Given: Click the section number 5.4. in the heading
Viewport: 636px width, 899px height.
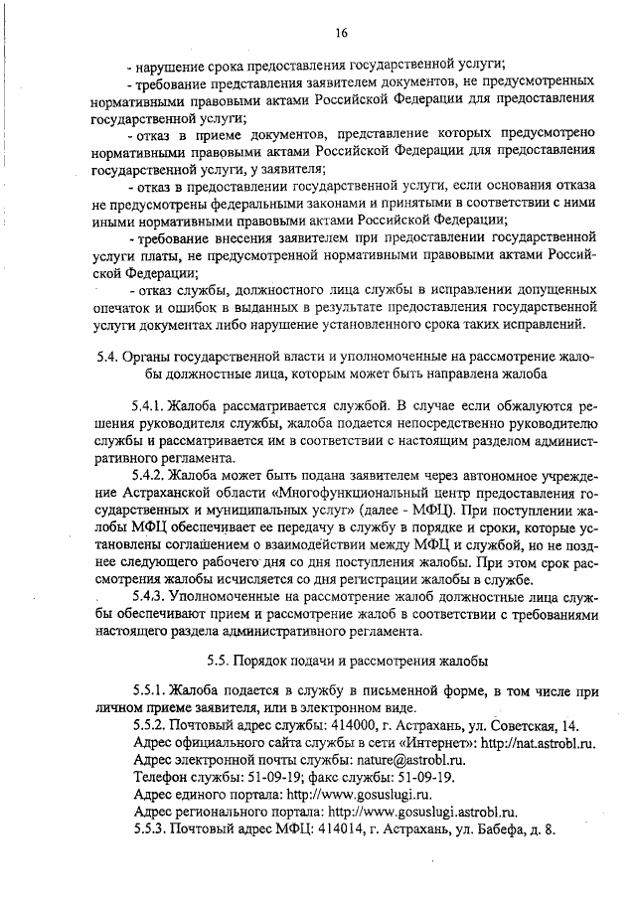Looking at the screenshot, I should click(x=95, y=357).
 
